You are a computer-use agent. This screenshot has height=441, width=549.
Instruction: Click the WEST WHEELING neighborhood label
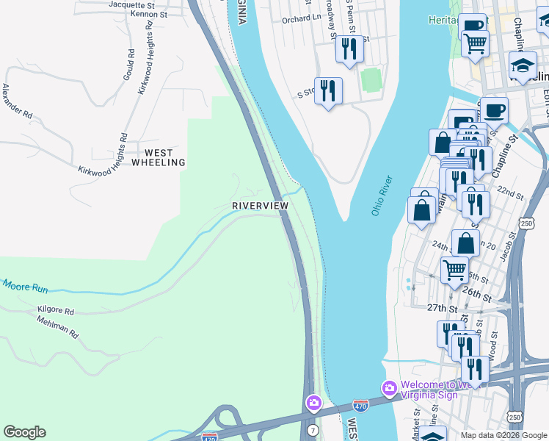click(x=159, y=157)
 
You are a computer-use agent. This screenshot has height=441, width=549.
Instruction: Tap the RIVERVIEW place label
click(x=260, y=206)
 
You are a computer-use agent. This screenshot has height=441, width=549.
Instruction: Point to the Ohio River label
click(x=382, y=196)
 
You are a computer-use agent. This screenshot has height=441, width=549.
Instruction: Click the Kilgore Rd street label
click(x=56, y=311)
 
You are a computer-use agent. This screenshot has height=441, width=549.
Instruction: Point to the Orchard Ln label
click(x=302, y=20)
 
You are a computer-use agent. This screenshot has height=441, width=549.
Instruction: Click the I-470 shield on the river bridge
click(x=360, y=405)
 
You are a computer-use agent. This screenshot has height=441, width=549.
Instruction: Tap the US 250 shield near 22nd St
click(x=526, y=222)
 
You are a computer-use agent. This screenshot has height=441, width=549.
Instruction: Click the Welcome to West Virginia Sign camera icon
click(x=388, y=387)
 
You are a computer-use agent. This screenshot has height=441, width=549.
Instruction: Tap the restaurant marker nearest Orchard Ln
click(x=348, y=49)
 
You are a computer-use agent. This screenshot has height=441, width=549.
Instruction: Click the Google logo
click(x=25, y=432)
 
